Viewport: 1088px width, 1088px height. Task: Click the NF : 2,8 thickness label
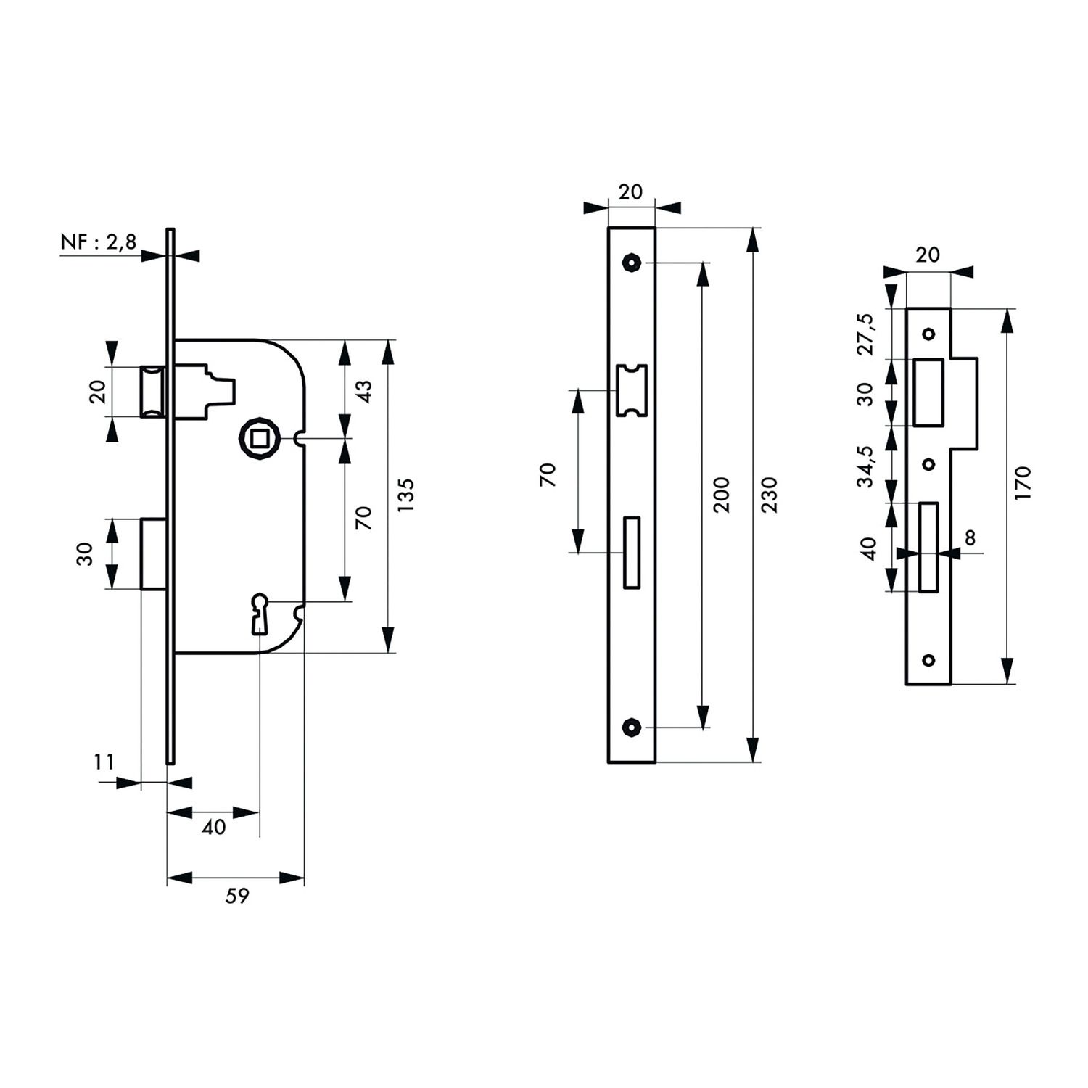[x=98, y=242]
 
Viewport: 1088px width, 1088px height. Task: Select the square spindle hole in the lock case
[x=257, y=437]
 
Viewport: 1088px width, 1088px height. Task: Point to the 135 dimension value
[x=406, y=495]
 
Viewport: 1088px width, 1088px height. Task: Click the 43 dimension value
[x=365, y=391]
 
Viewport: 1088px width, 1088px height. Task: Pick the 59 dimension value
[x=237, y=897]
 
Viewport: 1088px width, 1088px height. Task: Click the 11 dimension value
[x=104, y=762]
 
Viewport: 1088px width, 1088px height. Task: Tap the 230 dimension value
[x=770, y=495]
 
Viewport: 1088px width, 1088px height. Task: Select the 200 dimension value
[x=721, y=495]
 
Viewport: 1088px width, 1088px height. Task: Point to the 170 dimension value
[x=1023, y=482]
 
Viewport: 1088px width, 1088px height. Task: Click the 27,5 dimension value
[x=867, y=334]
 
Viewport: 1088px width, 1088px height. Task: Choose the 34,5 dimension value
[x=867, y=466]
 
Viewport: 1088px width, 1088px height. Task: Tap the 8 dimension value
[x=970, y=537]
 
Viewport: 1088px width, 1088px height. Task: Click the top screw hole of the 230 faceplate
[x=632, y=262]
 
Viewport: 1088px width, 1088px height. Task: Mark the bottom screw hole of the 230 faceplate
[x=632, y=726]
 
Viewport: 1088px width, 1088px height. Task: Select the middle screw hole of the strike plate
[x=928, y=464]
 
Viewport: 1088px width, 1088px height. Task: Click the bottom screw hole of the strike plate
[x=928, y=659]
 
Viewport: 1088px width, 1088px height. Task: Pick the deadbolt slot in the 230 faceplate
[x=632, y=552]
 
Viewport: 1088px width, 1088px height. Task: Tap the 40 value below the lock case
[x=213, y=828]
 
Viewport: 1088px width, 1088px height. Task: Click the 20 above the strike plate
[x=928, y=255]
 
